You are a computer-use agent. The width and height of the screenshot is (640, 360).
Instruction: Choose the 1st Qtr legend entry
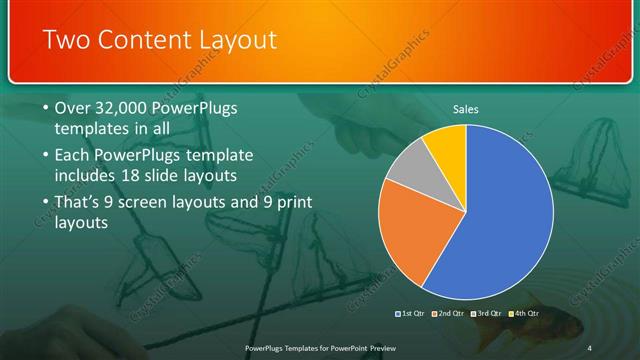(x=410, y=313)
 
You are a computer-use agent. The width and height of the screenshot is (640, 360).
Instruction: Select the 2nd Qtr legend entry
(x=448, y=313)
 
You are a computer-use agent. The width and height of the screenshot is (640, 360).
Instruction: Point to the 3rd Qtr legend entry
(x=487, y=313)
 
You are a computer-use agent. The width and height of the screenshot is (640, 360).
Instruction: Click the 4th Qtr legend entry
(x=524, y=313)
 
